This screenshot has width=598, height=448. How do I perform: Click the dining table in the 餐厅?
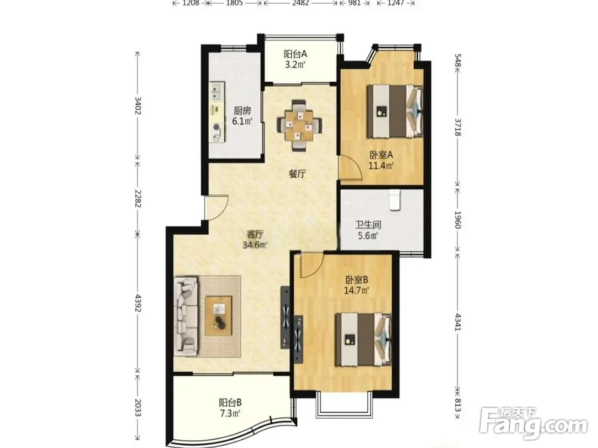click(x=300, y=125)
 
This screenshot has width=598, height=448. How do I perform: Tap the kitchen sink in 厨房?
click(x=216, y=91)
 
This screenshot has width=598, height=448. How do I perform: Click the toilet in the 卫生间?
click(x=394, y=200)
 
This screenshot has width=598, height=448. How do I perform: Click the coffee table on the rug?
click(x=219, y=316)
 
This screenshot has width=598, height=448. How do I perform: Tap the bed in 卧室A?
click(x=395, y=111)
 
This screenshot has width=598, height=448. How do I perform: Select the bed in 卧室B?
click(x=364, y=339)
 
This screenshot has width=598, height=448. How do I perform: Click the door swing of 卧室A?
click(x=351, y=167)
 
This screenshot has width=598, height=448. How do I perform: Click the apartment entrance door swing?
click(x=216, y=208)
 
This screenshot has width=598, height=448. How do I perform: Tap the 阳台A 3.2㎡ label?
click(x=295, y=59)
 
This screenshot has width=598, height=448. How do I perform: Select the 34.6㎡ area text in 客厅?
click(x=255, y=245)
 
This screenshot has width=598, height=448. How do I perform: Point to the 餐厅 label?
click(x=297, y=174)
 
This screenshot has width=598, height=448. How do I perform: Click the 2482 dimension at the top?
click(x=301, y=4)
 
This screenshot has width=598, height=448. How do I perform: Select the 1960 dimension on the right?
click(x=457, y=220)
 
